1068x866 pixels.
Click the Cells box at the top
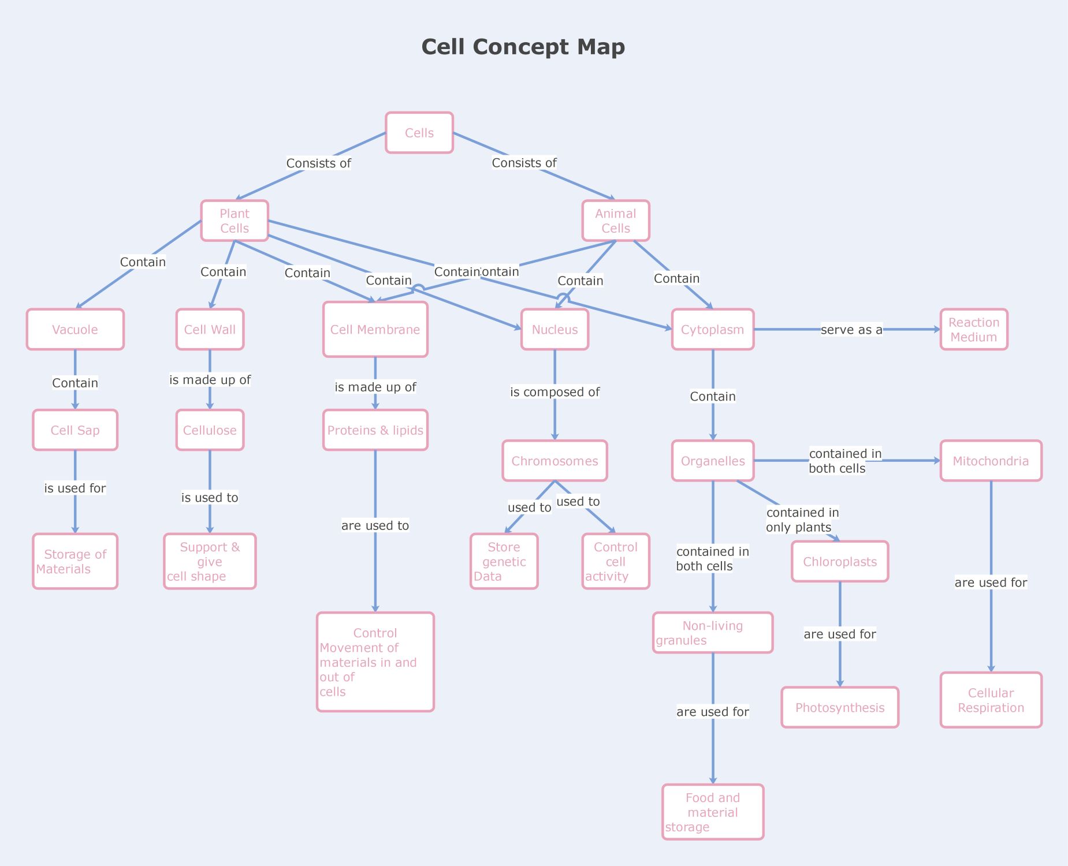pos(419,133)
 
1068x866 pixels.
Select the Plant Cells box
pos(235,221)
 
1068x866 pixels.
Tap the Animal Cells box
pos(616,221)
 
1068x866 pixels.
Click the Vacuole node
pos(75,330)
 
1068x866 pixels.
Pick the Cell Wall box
pos(210,330)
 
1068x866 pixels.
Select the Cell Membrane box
pos(375,330)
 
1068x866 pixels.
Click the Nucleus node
pos(555,330)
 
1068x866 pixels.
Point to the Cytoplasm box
pos(713,330)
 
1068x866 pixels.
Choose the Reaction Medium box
pos(974,330)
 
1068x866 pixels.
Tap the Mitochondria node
pos(991,461)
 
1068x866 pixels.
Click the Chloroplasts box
pos(840,562)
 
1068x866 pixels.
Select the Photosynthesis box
pos(840,708)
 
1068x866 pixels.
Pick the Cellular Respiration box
pos(991,700)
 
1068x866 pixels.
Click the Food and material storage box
pos(713,812)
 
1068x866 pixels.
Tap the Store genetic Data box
pos(504,562)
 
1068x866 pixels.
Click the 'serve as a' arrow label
pos(851,330)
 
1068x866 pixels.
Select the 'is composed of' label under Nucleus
pos(555,392)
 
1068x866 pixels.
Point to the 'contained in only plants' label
pos(802,520)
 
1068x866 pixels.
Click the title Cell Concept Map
pos(523,47)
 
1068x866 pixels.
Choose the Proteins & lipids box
pos(375,430)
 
